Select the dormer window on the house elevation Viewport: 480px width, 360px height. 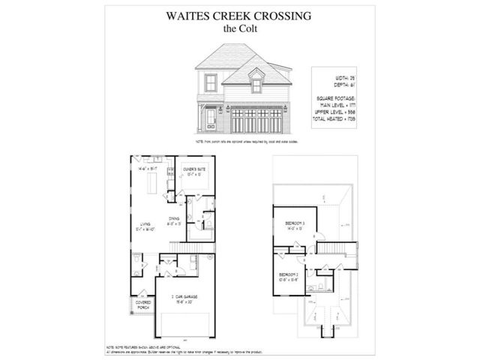[x=256, y=85]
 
